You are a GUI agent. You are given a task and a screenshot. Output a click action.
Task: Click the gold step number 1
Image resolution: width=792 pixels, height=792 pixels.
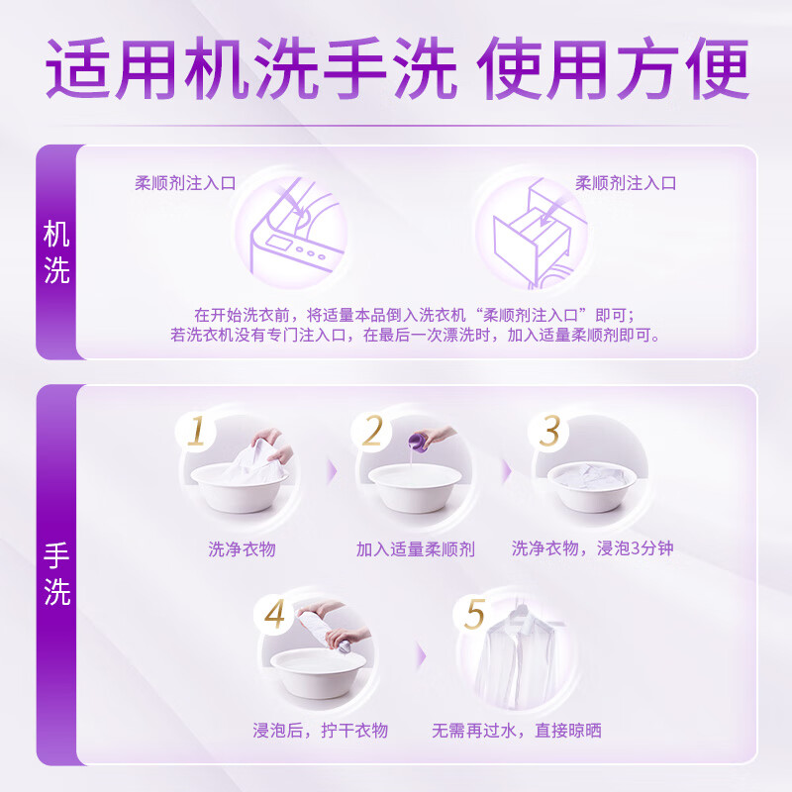click(x=197, y=432)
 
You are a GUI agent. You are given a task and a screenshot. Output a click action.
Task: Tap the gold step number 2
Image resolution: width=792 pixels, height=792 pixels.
click(x=372, y=432)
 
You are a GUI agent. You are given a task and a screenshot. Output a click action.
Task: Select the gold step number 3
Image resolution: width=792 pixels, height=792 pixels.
click(x=549, y=432)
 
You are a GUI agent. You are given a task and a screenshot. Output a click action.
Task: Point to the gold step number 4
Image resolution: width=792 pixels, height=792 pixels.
click(x=274, y=615)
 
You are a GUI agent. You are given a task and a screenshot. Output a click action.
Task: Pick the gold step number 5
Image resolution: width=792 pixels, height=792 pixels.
click(x=475, y=615)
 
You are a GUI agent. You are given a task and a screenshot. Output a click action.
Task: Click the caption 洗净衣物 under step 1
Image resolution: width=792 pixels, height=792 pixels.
click(x=242, y=547)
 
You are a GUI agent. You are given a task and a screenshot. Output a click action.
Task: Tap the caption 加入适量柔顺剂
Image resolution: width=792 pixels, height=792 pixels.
click(x=415, y=547)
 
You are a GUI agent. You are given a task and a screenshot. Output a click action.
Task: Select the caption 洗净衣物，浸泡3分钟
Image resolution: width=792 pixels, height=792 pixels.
click(x=592, y=547)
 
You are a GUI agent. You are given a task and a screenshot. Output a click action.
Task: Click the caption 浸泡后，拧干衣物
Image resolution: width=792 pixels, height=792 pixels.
click(x=320, y=731)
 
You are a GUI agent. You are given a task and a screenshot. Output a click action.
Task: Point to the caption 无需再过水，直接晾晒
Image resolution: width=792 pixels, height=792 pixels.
click(x=516, y=731)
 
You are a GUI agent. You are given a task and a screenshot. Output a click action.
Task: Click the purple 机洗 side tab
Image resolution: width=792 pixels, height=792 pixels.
click(x=56, y=252)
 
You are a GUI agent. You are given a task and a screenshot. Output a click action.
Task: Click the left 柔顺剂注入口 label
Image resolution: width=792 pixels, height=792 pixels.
click(x=185, y=183)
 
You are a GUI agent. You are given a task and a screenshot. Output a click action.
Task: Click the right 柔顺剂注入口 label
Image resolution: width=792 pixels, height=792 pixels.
click(x=626, y=183)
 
